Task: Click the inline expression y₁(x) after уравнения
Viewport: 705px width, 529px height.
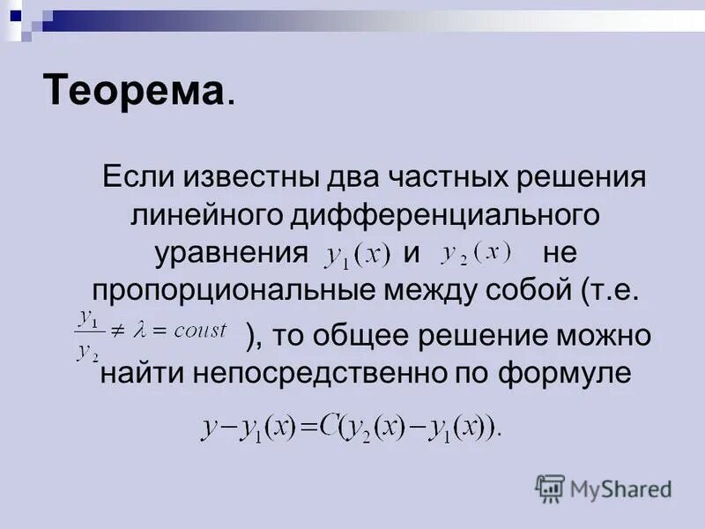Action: (357, 255)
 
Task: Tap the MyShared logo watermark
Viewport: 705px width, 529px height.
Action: (604, 488)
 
